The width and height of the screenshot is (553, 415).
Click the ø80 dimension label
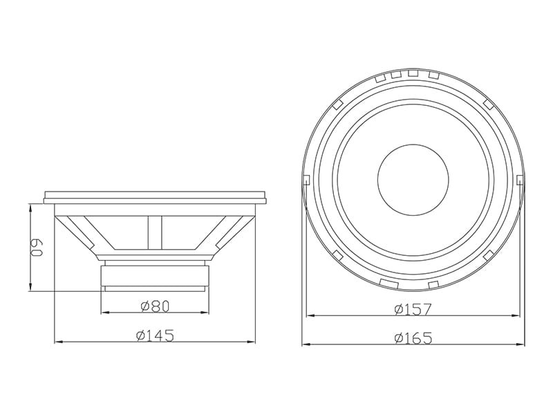[155, 306]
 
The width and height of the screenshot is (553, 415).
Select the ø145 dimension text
[155, 335]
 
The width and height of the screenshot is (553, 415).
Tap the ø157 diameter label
[413, 309]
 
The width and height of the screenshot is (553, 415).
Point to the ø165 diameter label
[413, 338]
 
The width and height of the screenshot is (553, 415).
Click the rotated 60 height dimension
[36, 248]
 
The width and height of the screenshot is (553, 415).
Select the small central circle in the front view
[413, 179]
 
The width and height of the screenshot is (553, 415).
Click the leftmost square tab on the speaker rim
[306, 180]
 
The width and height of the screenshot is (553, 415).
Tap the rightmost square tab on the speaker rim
[520, 180]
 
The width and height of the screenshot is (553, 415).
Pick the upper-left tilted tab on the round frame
[337, 104]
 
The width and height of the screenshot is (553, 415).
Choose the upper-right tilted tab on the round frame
[489, 104]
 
